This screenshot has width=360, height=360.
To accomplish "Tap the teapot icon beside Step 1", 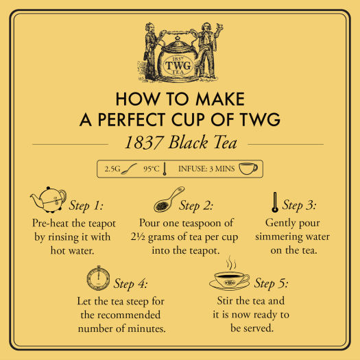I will coord(47,200).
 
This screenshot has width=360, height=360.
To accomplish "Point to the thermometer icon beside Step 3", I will coord(274,202).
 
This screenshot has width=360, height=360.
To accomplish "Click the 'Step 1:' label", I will coord(86,205).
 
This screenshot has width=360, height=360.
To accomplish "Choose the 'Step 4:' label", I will coord(131,283).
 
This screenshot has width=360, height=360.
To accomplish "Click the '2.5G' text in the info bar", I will coord(112,168).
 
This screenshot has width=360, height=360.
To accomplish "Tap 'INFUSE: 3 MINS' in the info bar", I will coord(206,168).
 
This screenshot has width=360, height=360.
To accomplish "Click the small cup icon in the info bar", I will coord(248,168).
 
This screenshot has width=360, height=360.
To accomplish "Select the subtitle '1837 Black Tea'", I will coord(179,144).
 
